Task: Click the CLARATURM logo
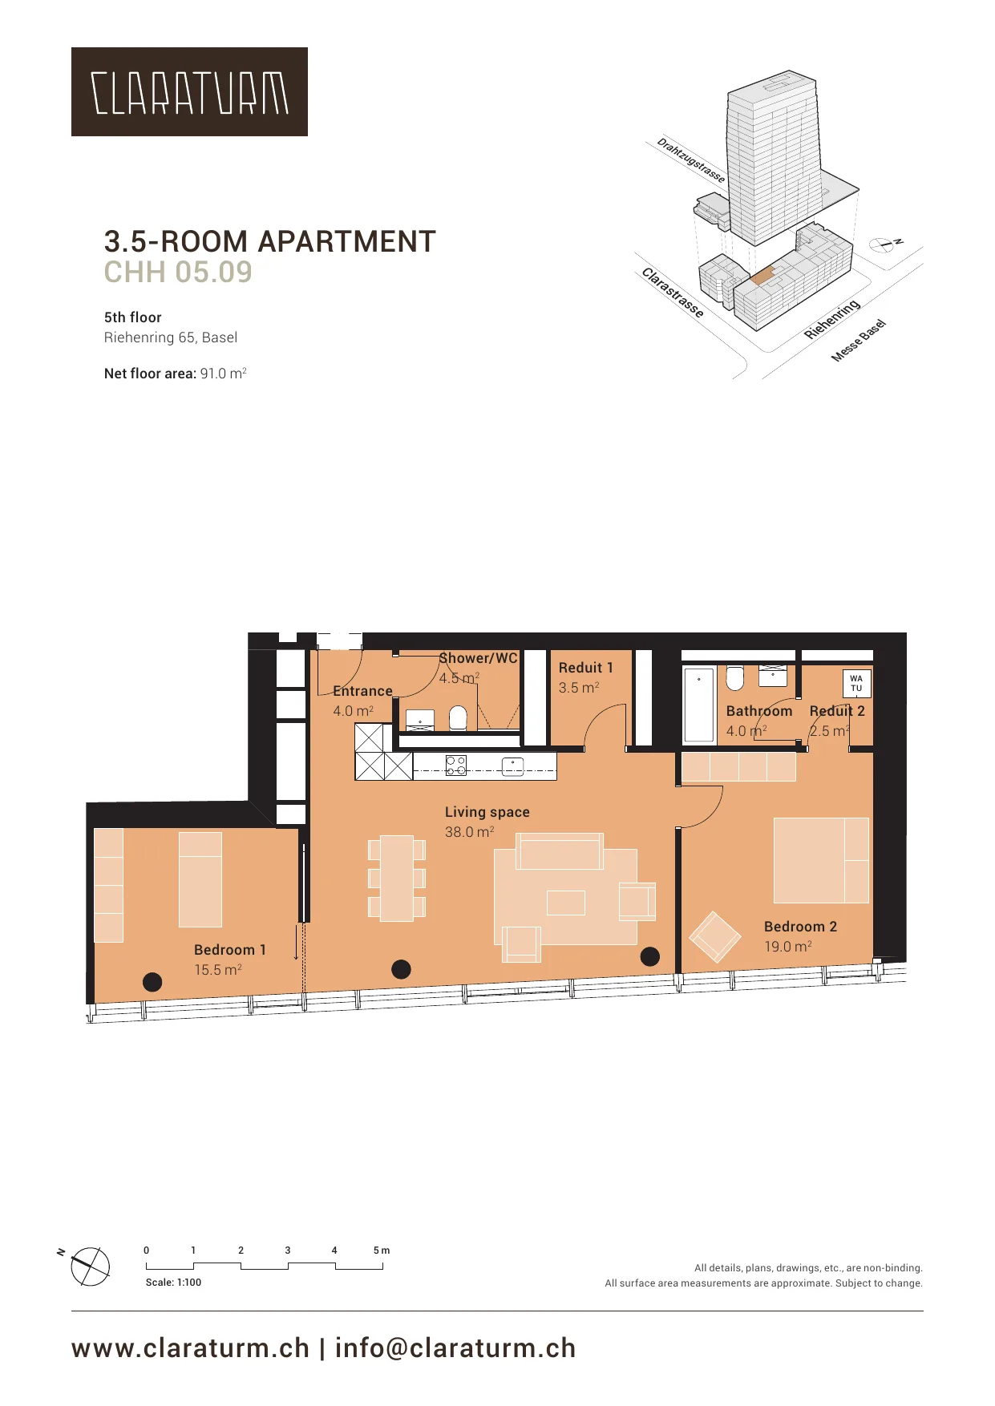(x=189, y=91)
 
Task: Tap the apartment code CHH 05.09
(x=178, y=273)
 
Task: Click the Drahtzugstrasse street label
(x=691, y=160)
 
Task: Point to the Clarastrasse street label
(x=673, y=293)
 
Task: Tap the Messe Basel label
(x=859, y=341)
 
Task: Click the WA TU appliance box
(x=856, y=683)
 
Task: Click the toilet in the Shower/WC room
(x=458, y=717)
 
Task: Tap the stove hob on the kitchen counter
(x=456, y=766)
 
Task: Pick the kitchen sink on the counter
(x=512, y=766)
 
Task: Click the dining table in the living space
(x=397, y=879)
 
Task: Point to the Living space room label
(x=487, y=812)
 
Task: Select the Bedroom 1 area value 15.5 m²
(x=218, y=970)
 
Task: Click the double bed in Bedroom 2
(x=821, y=860)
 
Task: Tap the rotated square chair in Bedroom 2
(x=715, y=937)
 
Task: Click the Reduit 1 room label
(x=586, y=668)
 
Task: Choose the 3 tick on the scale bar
(x=288, y=1250)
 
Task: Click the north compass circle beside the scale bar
(x=91, y=1267)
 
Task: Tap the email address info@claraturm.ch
(x=455, y=1348)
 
